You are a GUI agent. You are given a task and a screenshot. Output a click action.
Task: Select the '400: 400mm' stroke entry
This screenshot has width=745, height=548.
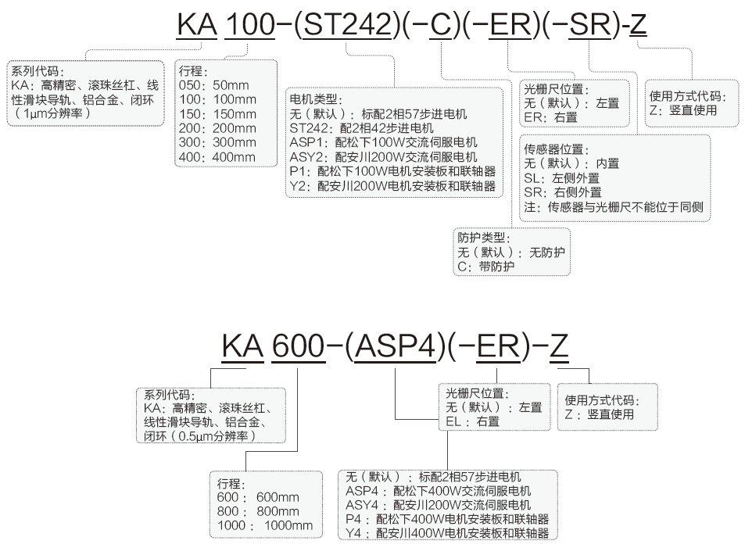[217, 156]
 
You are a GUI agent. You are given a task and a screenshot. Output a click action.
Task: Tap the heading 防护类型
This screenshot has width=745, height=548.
[484, 238]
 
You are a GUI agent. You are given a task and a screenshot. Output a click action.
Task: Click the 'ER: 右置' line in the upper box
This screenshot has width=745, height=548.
[551, 117]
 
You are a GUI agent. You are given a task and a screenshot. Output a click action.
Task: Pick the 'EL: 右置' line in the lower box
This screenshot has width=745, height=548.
[472, 421]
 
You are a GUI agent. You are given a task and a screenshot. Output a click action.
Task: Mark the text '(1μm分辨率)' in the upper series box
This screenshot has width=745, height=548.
[54, 113]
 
